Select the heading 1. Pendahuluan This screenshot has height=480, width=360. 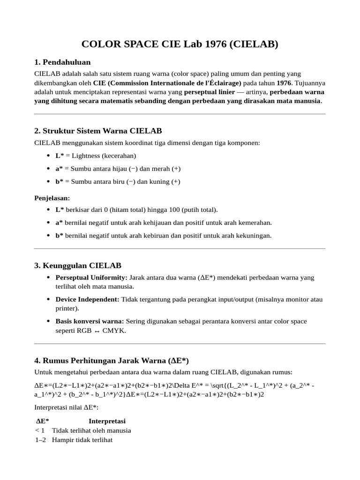62,62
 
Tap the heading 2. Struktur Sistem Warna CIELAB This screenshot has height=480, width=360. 98,130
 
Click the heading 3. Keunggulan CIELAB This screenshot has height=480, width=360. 78,265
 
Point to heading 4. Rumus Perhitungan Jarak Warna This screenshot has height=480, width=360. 111,360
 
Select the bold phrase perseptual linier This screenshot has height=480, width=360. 210,92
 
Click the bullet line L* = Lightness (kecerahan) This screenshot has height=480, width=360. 96,156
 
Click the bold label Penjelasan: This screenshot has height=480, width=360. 52,198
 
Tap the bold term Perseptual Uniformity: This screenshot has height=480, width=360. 91,277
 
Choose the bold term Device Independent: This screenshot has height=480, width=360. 88,299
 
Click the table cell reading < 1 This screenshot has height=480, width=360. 40,430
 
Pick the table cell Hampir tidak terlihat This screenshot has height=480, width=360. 82,440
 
